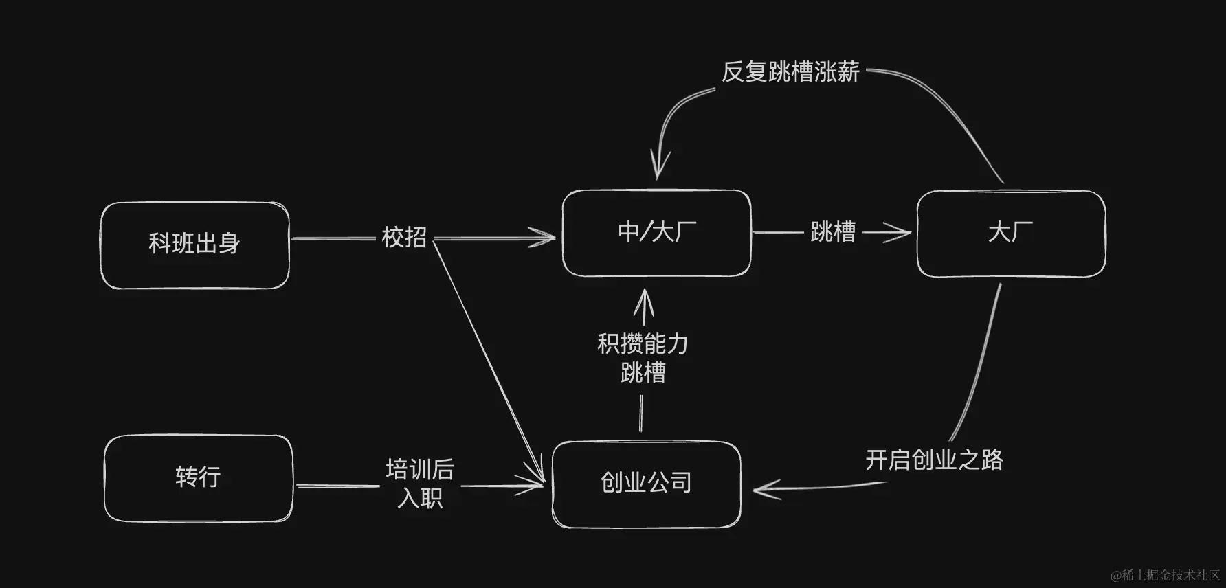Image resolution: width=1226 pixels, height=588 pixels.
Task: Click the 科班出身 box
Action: point(194,245)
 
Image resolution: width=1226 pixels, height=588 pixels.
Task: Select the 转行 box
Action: point(198,477)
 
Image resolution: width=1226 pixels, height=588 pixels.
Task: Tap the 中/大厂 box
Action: point(656,233)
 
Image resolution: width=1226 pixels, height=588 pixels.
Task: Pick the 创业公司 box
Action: point(646,484)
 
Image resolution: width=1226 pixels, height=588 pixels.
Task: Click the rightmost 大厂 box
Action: point(1011,234)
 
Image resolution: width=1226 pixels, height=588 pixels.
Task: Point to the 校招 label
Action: point(404,238)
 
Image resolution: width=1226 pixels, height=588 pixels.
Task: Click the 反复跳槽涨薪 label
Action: point(790,72)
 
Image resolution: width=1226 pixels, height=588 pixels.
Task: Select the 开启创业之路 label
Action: point(934,460)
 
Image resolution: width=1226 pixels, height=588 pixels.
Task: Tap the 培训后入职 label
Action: point(420,484)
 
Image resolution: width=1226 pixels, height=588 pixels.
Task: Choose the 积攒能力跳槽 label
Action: point(643,358)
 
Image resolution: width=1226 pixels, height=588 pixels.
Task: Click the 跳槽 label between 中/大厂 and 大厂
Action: point(833,232)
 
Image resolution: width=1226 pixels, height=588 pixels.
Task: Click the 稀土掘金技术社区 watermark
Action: point(1169,575)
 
